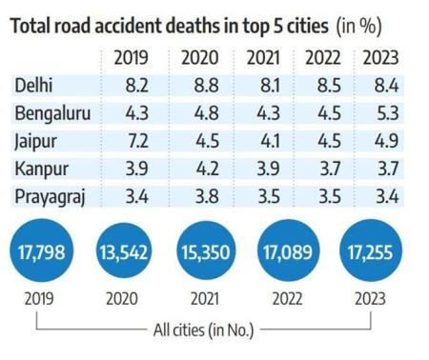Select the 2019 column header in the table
point(131,59)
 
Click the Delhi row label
point(33,87)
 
